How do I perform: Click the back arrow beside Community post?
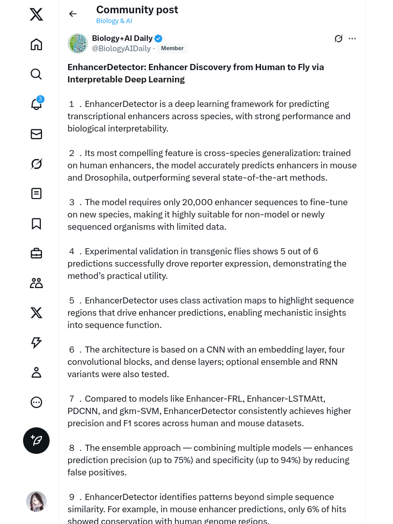(73, 14)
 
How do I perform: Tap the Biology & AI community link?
(114, 21)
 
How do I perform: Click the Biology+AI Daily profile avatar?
(78, 43)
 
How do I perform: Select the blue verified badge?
(159, 38)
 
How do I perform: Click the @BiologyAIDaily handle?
(121, 49)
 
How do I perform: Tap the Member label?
(172, 49)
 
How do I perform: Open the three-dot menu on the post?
(352, 38)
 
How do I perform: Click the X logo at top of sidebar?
(36, 14)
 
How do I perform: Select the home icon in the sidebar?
(36, 45)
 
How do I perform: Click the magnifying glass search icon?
(36, 74)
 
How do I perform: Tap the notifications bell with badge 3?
(36, 104)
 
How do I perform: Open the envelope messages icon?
(36, 134)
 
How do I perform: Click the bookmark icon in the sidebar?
(36, 224)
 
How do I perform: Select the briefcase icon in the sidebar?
(36, 253)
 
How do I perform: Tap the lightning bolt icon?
(36, 343)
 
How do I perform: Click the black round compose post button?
(36, 441)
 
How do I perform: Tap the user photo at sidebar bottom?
(36, 501)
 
